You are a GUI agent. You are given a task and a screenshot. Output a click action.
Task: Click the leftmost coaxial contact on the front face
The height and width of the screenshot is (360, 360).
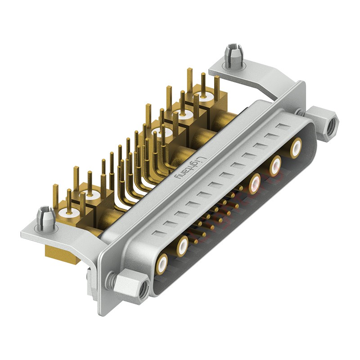162,262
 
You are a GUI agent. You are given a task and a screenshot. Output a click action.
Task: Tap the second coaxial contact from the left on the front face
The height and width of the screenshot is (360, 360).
182,246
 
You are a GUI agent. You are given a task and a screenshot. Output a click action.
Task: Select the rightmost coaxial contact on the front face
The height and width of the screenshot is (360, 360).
296,148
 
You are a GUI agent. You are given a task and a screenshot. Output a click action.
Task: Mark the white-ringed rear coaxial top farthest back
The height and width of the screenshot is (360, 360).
205,96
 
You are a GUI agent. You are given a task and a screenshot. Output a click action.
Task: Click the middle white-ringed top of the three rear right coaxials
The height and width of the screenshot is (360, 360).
184,115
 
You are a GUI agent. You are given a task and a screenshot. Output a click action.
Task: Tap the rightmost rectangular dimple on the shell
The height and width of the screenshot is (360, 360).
282,126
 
